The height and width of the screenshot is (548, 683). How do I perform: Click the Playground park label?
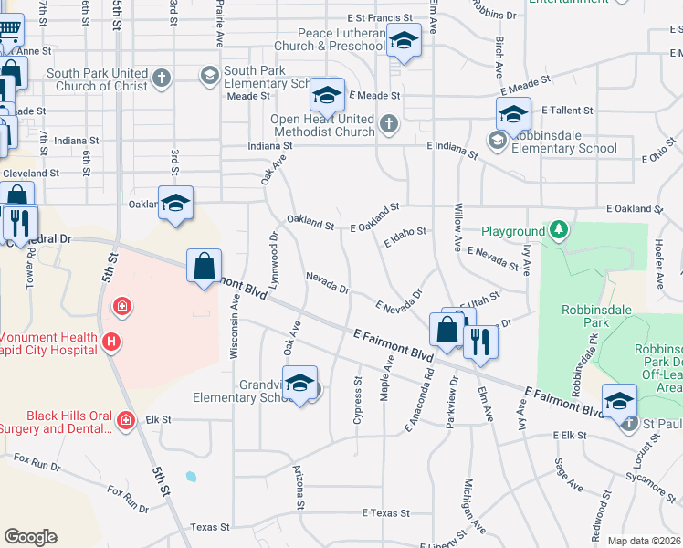[x=512, y=232]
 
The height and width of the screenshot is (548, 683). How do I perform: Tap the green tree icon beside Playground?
[x=558, y=230]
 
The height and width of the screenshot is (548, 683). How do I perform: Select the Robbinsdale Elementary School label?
[x=563, y=148]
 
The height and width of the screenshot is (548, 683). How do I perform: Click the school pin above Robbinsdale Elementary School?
[x=513, y=116]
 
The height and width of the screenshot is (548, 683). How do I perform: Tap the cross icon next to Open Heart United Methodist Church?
[x=389, y=123]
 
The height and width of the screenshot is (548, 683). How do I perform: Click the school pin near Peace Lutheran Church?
[x=403, y=41]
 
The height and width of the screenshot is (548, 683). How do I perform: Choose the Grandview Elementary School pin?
[x=299, y=384]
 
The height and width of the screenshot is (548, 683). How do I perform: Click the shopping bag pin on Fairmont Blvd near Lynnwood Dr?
[x=205, y=267]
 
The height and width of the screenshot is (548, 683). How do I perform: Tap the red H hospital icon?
[x=111, y=342]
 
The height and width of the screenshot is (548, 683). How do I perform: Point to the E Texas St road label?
[x=385, y=513]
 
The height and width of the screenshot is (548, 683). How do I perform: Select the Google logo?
[x=30, y=536]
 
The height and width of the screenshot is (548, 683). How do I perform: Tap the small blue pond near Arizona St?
[x=189, y=476]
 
